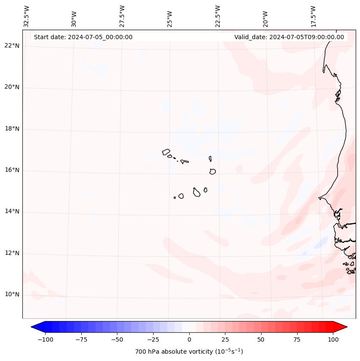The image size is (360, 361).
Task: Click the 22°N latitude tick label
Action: [x=12, y=46]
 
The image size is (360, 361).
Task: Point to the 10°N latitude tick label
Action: [x=12, y=295]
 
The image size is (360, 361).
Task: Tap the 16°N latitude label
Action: [x=12, y=170]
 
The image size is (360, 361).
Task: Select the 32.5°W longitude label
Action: [x=27, y=16]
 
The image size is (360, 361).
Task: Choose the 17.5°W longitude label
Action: [x=313, y=16]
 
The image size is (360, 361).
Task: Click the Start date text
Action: [x=83, y=37]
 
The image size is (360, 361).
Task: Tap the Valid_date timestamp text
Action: [x=289, y=37]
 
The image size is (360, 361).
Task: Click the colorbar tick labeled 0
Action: [x=189, y=339]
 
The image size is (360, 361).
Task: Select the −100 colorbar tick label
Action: [x=45, y=339]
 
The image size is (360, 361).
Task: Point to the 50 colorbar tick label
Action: [x=261, y=339]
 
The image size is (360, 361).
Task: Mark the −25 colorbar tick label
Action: [x=153, y=339]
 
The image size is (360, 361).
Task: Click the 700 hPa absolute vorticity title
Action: [x=189, y=352]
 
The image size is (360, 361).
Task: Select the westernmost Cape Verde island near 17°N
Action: [x=166, y=152]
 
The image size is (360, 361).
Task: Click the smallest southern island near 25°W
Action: [x=175, y=197]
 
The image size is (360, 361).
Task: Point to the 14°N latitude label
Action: [x=12, y=212]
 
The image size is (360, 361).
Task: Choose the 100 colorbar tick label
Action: [x=333, y=339]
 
